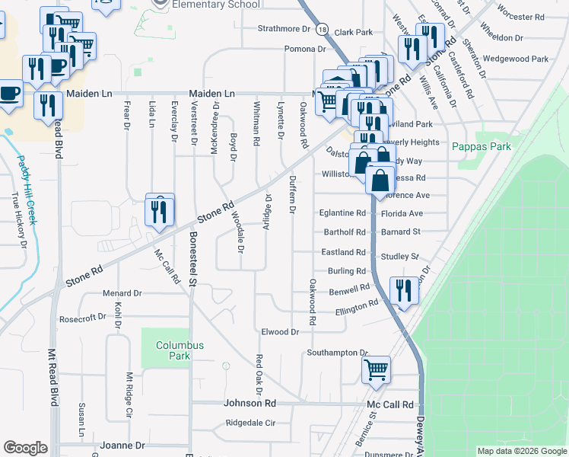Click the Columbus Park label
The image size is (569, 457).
tap(180, 350)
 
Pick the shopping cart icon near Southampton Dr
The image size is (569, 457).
tap(376, 371)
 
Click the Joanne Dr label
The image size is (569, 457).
tap(127, 445)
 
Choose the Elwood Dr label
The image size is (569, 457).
tap(279, 332)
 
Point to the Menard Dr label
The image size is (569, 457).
tap(122, 292)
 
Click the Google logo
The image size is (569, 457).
tap(25, 448)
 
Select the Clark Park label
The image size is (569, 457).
tap(354, 33)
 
